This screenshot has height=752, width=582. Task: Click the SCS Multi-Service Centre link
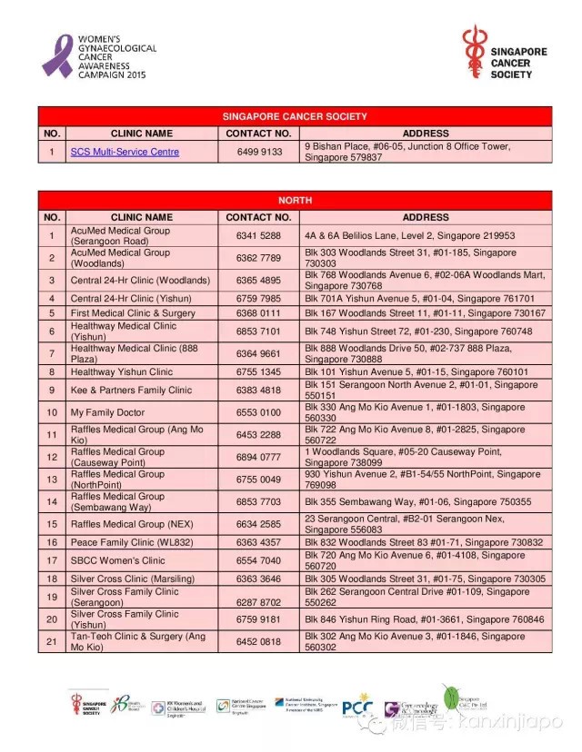point(125,152)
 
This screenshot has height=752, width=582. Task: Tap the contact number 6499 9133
point(258,152)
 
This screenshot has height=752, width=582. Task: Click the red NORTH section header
point(295,200)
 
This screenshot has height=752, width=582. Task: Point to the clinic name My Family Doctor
point(107,412)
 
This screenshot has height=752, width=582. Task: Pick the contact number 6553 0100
point(258,412)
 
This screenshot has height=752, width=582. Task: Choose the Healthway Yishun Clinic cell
point(122,371)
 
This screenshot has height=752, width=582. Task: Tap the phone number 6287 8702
point(258,602)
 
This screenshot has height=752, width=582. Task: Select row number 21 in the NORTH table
point(52,642)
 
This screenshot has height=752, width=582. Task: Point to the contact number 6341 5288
point(258,235)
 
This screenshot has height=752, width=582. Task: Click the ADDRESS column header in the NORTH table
point(426,217)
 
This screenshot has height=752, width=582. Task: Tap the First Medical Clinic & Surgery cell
point(133,312)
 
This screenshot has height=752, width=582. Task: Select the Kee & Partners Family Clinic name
point(132,390)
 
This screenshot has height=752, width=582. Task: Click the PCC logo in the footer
point(357,706)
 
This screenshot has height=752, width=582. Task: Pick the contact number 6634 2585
point(258,524)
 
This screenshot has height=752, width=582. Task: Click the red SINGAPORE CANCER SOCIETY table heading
point(295,116)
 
